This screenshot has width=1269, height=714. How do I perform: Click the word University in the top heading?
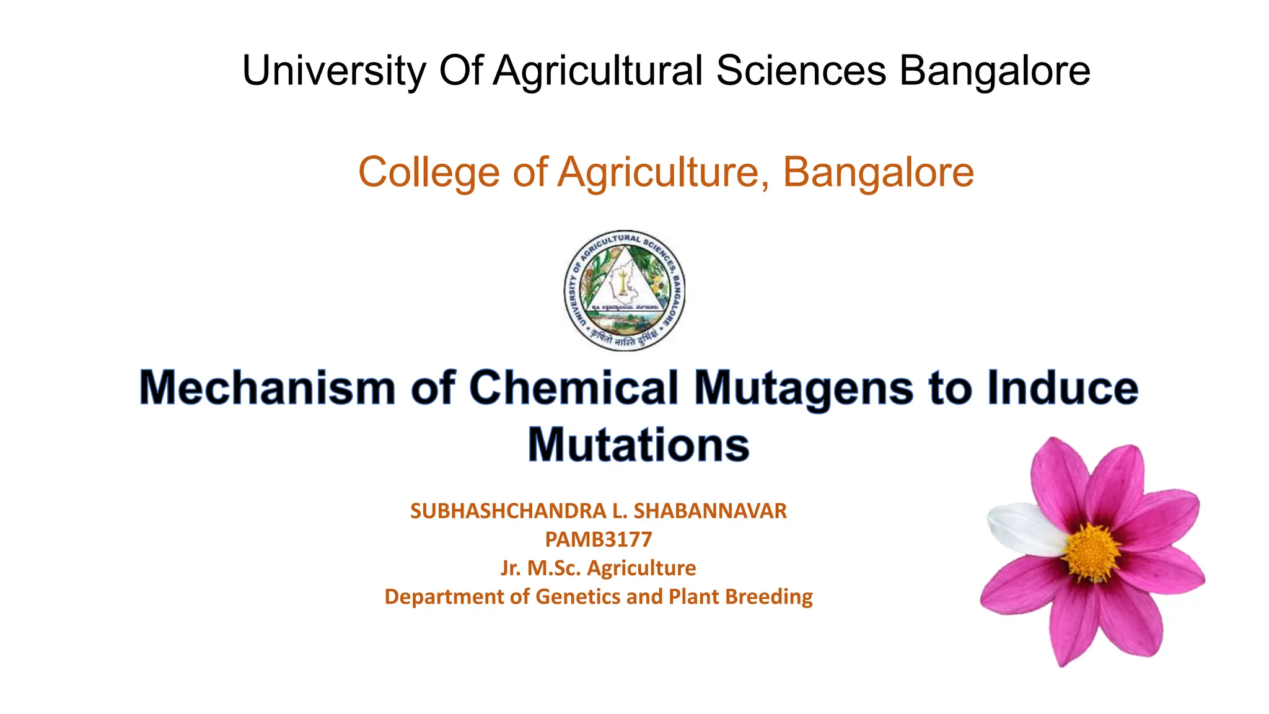333,71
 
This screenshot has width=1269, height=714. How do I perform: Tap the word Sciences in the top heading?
801,71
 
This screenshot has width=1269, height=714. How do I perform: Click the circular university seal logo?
625,290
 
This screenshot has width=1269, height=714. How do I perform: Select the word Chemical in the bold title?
574,388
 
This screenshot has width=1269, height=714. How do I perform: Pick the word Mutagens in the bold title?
804,388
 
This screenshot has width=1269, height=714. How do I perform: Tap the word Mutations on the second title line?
638,445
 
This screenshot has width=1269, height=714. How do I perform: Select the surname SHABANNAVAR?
710,511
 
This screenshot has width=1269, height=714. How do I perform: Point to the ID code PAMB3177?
599,539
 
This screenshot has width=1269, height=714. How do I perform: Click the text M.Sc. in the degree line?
554,568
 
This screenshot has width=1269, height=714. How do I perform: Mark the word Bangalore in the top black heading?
995,71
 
